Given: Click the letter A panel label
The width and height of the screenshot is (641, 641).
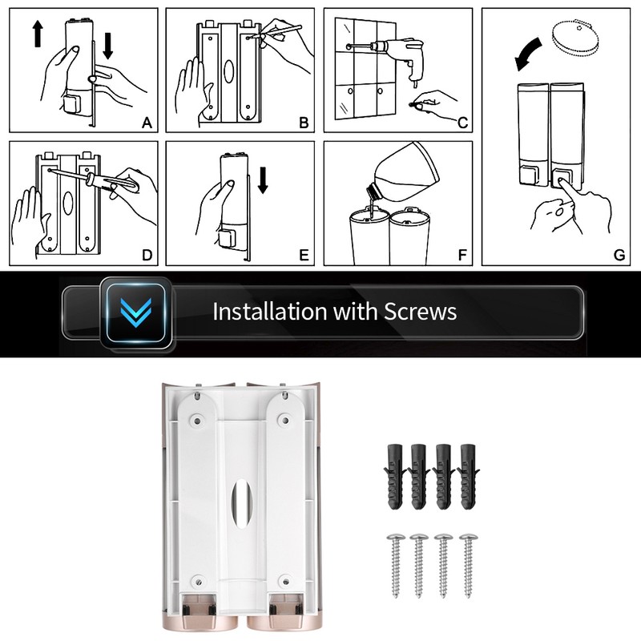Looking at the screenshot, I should point(146,123).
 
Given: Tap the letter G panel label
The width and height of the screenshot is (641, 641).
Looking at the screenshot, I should point(619,254).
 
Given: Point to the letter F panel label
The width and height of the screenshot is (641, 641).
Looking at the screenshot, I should point(462,255).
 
